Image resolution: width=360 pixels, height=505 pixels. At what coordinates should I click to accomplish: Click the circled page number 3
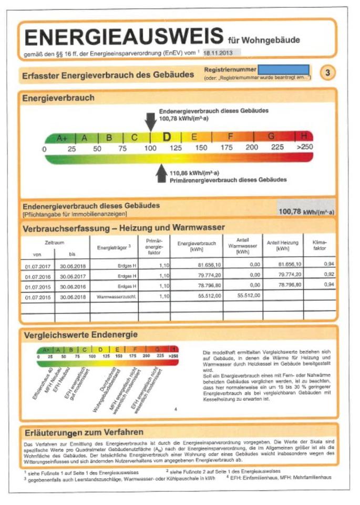(326, 73)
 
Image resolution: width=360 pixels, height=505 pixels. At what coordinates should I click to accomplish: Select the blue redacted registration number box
(284, 69)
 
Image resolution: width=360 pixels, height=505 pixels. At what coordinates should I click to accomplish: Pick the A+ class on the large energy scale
(62, 138)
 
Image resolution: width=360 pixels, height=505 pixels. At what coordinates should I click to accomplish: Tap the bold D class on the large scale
(167, 137)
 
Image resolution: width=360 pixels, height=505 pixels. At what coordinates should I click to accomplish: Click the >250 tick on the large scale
(305, 148)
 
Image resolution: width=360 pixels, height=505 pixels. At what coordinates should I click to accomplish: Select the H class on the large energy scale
(304, 137)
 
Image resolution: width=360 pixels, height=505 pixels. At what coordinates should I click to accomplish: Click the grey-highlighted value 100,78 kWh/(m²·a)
(306, 211)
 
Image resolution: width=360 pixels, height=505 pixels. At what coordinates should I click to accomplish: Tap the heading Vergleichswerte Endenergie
(80, 335)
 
